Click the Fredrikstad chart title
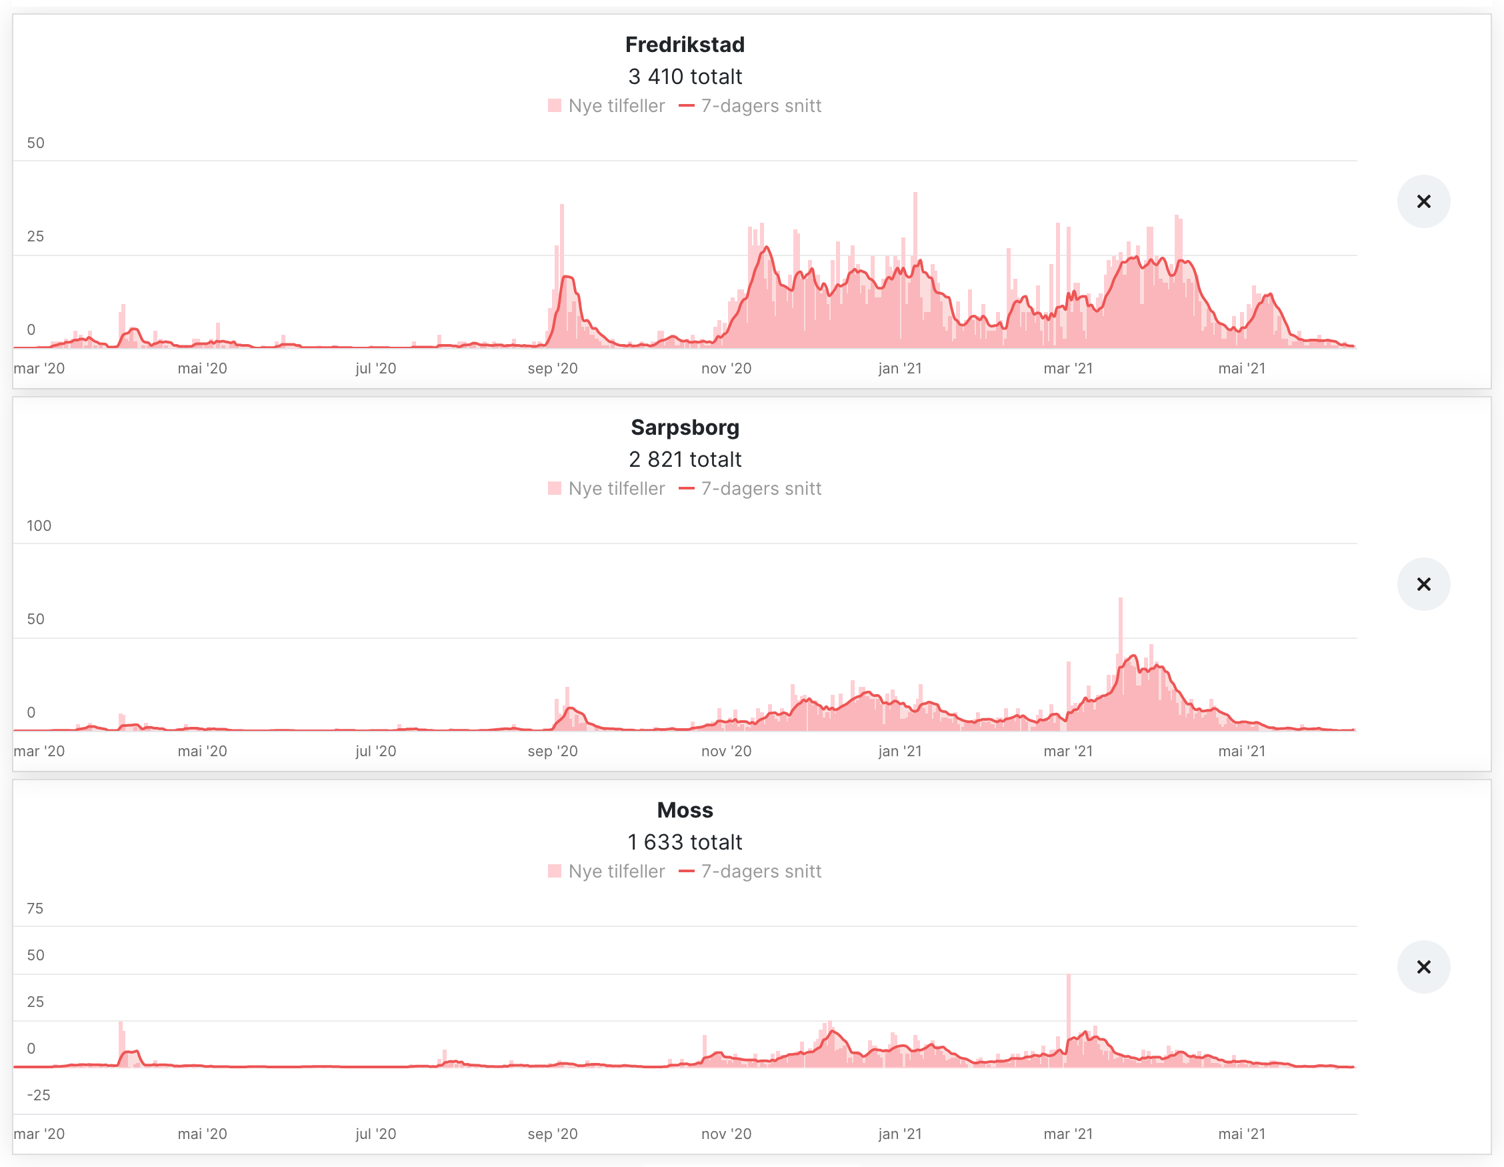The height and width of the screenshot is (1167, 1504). (x=685, y=45)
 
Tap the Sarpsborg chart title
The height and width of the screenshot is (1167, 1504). (x=685, y=427)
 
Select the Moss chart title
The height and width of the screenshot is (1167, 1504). (x=685, y=810)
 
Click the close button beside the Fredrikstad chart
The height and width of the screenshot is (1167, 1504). (x=1423, y=201)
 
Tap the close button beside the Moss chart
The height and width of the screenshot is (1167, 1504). (x=1423, y=966)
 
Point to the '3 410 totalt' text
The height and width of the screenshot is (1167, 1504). (x=685, y=77)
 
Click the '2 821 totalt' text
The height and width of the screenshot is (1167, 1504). (x=685, y=459)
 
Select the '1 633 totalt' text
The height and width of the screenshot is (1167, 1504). (x=685, y=842)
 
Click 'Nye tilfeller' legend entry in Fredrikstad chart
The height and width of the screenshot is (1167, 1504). (x=607, y=106)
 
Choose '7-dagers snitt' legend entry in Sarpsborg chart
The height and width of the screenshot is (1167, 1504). (x=751, y=488)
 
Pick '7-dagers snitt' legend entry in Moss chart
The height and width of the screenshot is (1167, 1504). (x=751, y=872)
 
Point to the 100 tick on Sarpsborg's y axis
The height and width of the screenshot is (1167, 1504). (x=39, y=525)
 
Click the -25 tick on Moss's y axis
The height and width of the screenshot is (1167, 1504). (x=39, y=1095)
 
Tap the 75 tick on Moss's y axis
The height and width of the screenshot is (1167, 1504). (x=35, y=909)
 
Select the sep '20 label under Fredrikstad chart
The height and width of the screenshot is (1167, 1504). (x=552, y=369)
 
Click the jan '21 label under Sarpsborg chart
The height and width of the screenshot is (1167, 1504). (x=899, y=751)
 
